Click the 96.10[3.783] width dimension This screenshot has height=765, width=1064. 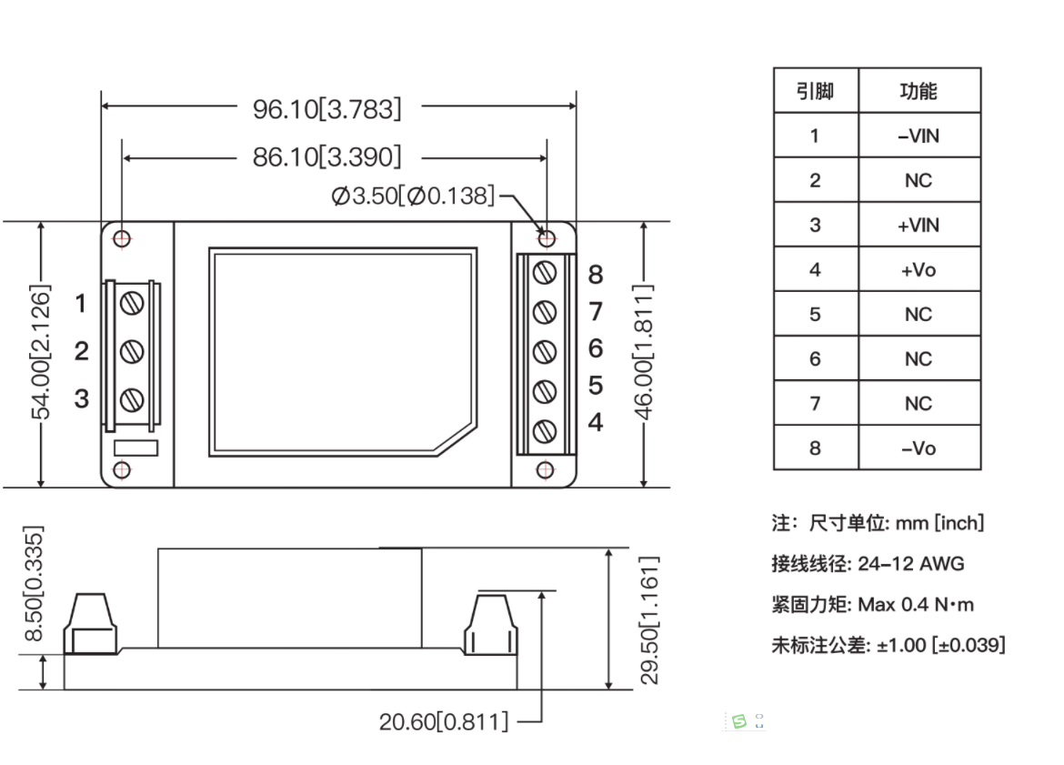326,109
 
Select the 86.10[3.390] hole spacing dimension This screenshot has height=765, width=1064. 326,157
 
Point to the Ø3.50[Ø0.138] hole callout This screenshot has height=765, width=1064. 413,196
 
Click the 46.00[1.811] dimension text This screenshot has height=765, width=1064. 645,353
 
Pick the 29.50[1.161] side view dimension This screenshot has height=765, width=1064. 647,619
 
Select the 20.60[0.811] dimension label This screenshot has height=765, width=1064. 444,722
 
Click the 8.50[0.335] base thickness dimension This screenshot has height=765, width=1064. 34,583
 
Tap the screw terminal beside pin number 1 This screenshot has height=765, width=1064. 133,303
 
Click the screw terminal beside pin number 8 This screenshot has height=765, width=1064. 545,273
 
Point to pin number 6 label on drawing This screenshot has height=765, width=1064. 596,348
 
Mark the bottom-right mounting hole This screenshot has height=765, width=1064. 546,469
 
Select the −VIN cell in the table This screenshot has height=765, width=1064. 918,136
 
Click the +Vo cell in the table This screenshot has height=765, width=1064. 918,269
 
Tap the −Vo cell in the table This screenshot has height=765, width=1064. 918,448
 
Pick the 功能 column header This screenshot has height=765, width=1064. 918,91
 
